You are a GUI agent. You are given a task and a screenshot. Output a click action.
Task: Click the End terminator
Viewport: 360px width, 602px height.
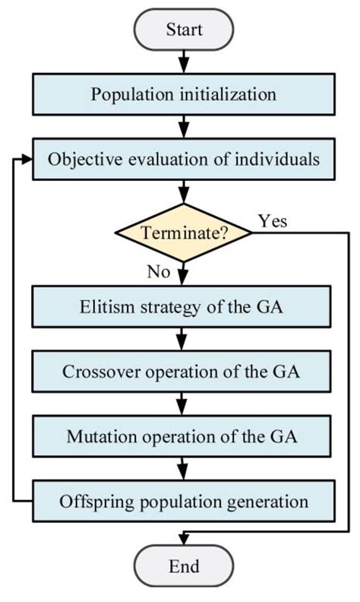182,566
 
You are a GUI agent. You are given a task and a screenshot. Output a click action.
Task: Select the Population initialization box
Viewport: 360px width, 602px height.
182,95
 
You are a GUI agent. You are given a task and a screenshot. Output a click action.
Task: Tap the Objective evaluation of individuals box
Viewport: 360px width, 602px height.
182,160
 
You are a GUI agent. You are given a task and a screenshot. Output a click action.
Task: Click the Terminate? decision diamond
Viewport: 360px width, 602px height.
182,233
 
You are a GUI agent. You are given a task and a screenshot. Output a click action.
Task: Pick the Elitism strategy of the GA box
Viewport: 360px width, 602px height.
182,308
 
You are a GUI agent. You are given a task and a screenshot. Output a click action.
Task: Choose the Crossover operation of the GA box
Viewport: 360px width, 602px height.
182,372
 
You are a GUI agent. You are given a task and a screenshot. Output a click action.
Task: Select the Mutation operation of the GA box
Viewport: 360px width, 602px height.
182,437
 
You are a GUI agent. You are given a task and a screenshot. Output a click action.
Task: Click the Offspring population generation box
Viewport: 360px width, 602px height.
182,502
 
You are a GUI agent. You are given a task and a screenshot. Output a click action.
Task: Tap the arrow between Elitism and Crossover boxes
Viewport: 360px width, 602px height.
182,340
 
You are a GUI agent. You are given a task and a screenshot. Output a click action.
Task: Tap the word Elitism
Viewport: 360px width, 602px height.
102,308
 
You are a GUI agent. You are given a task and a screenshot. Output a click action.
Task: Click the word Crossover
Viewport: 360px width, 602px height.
96,372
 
